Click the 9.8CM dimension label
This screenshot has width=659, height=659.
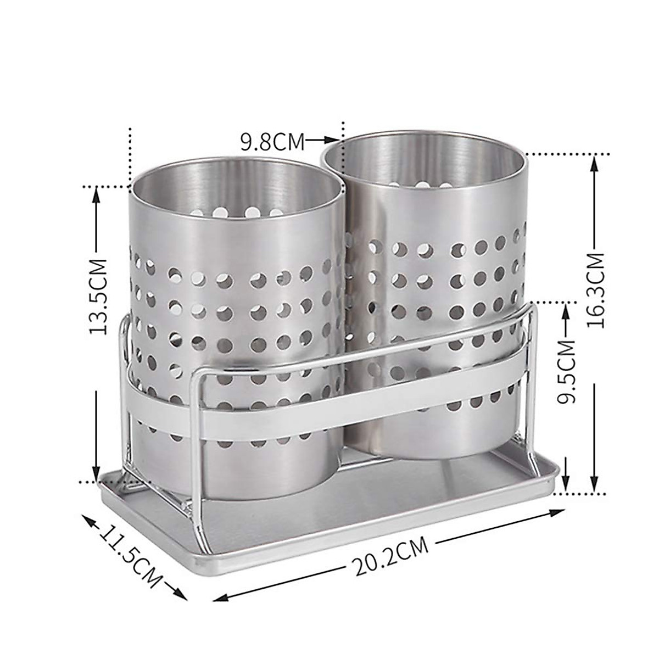tap(272, 142)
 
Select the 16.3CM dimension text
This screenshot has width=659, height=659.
tap(595, 290)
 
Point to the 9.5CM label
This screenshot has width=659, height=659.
tap(566, 372)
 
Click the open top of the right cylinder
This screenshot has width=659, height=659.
tap(424, 159)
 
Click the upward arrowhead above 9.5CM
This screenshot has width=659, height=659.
tap(566, 309)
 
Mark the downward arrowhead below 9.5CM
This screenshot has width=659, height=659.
tap(566, 485)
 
